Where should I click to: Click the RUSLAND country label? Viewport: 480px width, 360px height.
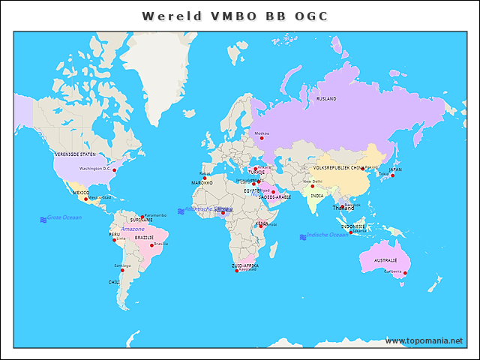tap(326, 98)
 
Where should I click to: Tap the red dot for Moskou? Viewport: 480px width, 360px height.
tap(262, 138)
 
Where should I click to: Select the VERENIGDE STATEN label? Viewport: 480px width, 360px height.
tap(76, 154)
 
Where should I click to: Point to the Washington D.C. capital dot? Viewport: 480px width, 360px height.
tap(115, 170)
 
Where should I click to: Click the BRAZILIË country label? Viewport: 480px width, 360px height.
tap(144, 237)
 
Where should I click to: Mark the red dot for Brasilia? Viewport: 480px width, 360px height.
tap(152, 244)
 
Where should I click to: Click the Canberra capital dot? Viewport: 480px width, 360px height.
tap(406, 273)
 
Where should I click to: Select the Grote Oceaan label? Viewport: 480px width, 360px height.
tap(64, 217)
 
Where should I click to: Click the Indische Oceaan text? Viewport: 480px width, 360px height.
tap(328, 235)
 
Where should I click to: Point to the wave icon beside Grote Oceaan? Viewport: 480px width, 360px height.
tap(43, 219)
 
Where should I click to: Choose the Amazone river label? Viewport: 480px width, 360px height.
tap(133, 228)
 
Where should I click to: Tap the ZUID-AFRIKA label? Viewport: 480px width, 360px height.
tap(245, 265)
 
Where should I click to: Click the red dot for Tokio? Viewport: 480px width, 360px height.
tap(391, 175)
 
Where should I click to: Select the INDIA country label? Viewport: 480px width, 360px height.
tap(317, 196)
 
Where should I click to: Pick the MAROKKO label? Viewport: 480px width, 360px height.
tap(202, 182)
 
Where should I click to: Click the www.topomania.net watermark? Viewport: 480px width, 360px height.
tap(424, 340)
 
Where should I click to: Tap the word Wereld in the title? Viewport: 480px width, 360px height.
tap(169, 16)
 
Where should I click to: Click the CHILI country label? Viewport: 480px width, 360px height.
tap(114, 282)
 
